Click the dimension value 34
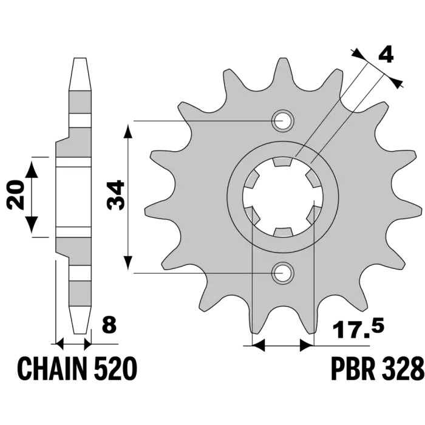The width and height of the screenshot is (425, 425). pos(115,195)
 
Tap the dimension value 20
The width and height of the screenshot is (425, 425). pos(16,194)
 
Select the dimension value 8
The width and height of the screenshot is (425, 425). pos(109,325)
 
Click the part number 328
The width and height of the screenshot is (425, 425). pos(402,369)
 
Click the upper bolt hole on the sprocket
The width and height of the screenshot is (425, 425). pos(283,121)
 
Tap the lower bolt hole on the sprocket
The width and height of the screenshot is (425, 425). pos(283,273)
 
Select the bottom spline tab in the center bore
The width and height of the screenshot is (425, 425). pos(284,233)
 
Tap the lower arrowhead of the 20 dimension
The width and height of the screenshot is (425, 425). pos(32,225)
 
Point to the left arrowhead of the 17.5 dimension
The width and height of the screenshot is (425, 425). pos(258,345)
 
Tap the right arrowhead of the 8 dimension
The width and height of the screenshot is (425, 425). pos(88,344)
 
